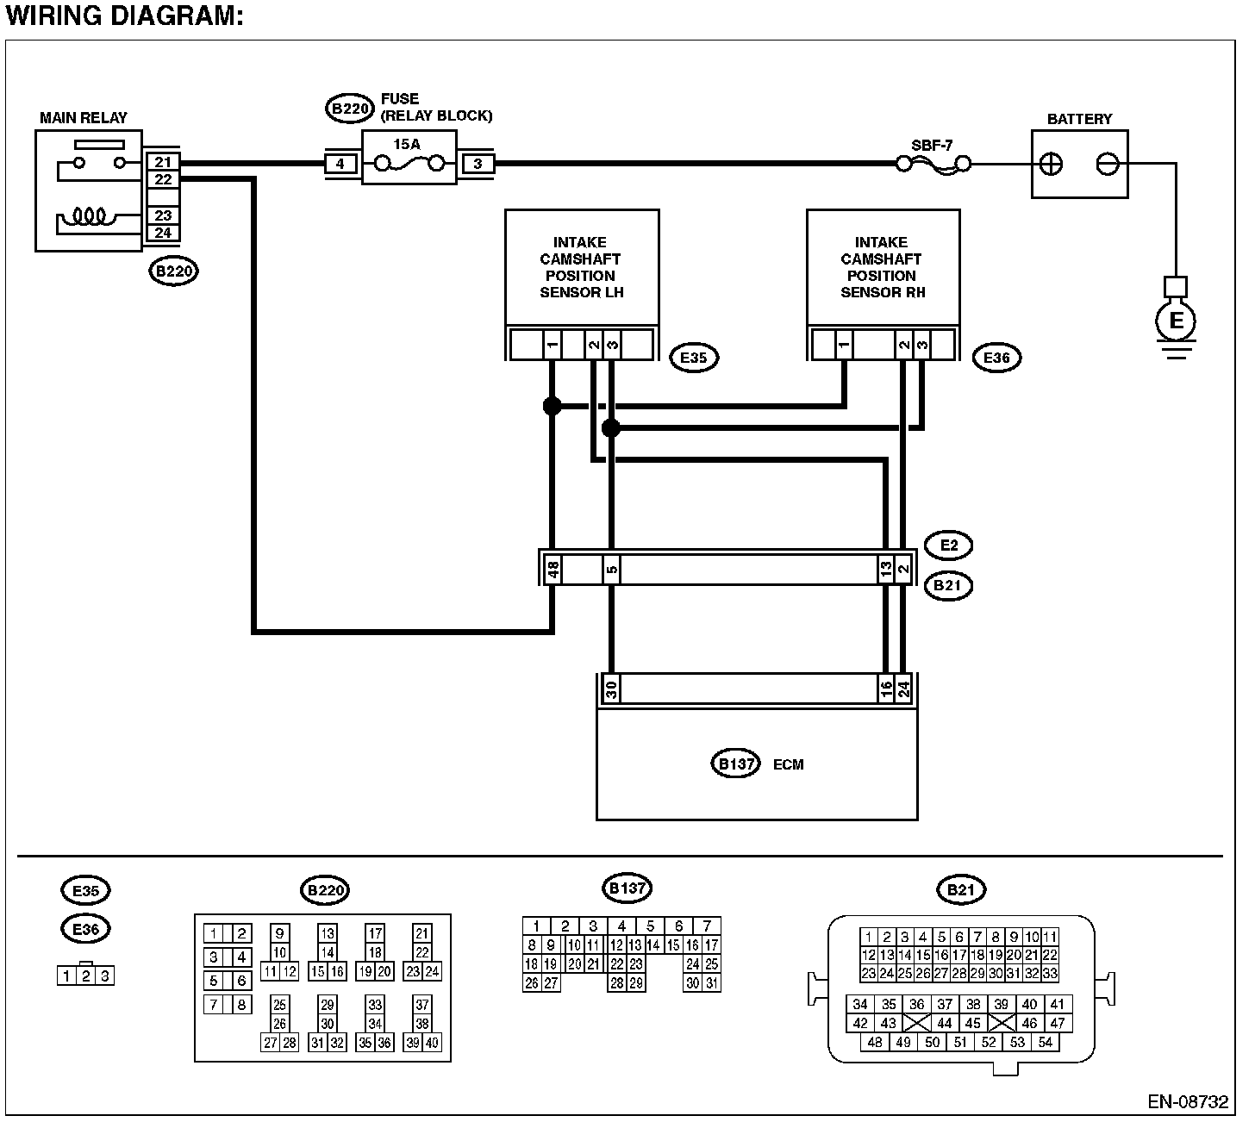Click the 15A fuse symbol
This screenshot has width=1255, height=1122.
point(409,164)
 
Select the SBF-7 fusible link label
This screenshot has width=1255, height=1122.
point(931,146)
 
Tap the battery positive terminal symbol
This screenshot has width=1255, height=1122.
point(1051,164)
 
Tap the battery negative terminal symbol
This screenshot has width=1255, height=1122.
point(1108,164)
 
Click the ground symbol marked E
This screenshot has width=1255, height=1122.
point(1175,321)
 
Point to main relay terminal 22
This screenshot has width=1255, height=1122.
point(163,179)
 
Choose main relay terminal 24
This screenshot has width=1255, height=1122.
point(163,233)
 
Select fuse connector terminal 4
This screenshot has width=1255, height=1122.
point(340,164)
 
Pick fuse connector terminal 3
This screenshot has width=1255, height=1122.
point(478,164)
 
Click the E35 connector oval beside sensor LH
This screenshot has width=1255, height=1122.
point(694,358)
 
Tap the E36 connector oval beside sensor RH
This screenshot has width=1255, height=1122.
point(996,358)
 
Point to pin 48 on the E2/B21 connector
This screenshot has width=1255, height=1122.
point(553,569)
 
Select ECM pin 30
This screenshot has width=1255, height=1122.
point(611,689)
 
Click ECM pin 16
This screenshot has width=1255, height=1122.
point(886,689)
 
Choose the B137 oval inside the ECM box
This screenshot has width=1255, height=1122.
point(735,764)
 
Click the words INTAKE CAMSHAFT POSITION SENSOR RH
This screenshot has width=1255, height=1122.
point(882,267)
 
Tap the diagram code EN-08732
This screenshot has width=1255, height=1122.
point(1188,1101)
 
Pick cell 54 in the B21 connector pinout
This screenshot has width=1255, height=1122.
point(1045,1042)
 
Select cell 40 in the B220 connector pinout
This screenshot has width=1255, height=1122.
point(431,1042)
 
